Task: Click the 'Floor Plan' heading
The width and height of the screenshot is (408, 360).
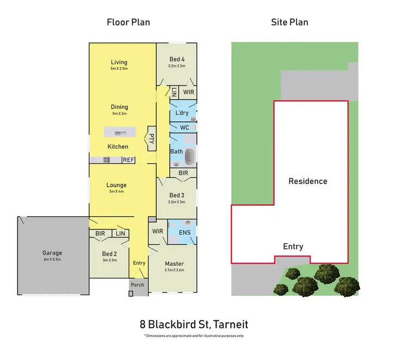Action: pyautogui.click(x=128, y=22)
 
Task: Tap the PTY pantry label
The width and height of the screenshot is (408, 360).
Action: pyautogui.click(x=151, y=140)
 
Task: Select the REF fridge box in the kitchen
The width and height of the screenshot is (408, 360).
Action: pyautogui.click(x=128, y=160)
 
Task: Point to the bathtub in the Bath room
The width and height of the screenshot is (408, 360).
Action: pyautogui.click(x=189, y=157)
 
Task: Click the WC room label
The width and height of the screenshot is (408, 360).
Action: pyautogui.click(x=177, y=127)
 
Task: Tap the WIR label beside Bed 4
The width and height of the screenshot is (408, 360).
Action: pyautogui.click(x=188, y=93)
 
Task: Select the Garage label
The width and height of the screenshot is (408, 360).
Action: pyautogui.click(x=53, y=253)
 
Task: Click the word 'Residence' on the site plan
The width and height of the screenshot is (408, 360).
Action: pyautogui.click(x=308, y=181)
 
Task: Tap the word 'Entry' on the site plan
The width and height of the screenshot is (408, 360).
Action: pyautogui.click(x=293, y=247)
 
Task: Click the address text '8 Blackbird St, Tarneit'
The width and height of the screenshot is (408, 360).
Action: pyautogui.click(x=194, y=325)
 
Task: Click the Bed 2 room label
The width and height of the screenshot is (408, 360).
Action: pyautogui.click(x=109, y=254)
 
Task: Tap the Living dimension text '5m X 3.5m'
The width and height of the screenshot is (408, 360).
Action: pyautogui.click(x=119, y=69)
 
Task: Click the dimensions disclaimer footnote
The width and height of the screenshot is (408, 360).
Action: pyautogui.click(x=194, y=336)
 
